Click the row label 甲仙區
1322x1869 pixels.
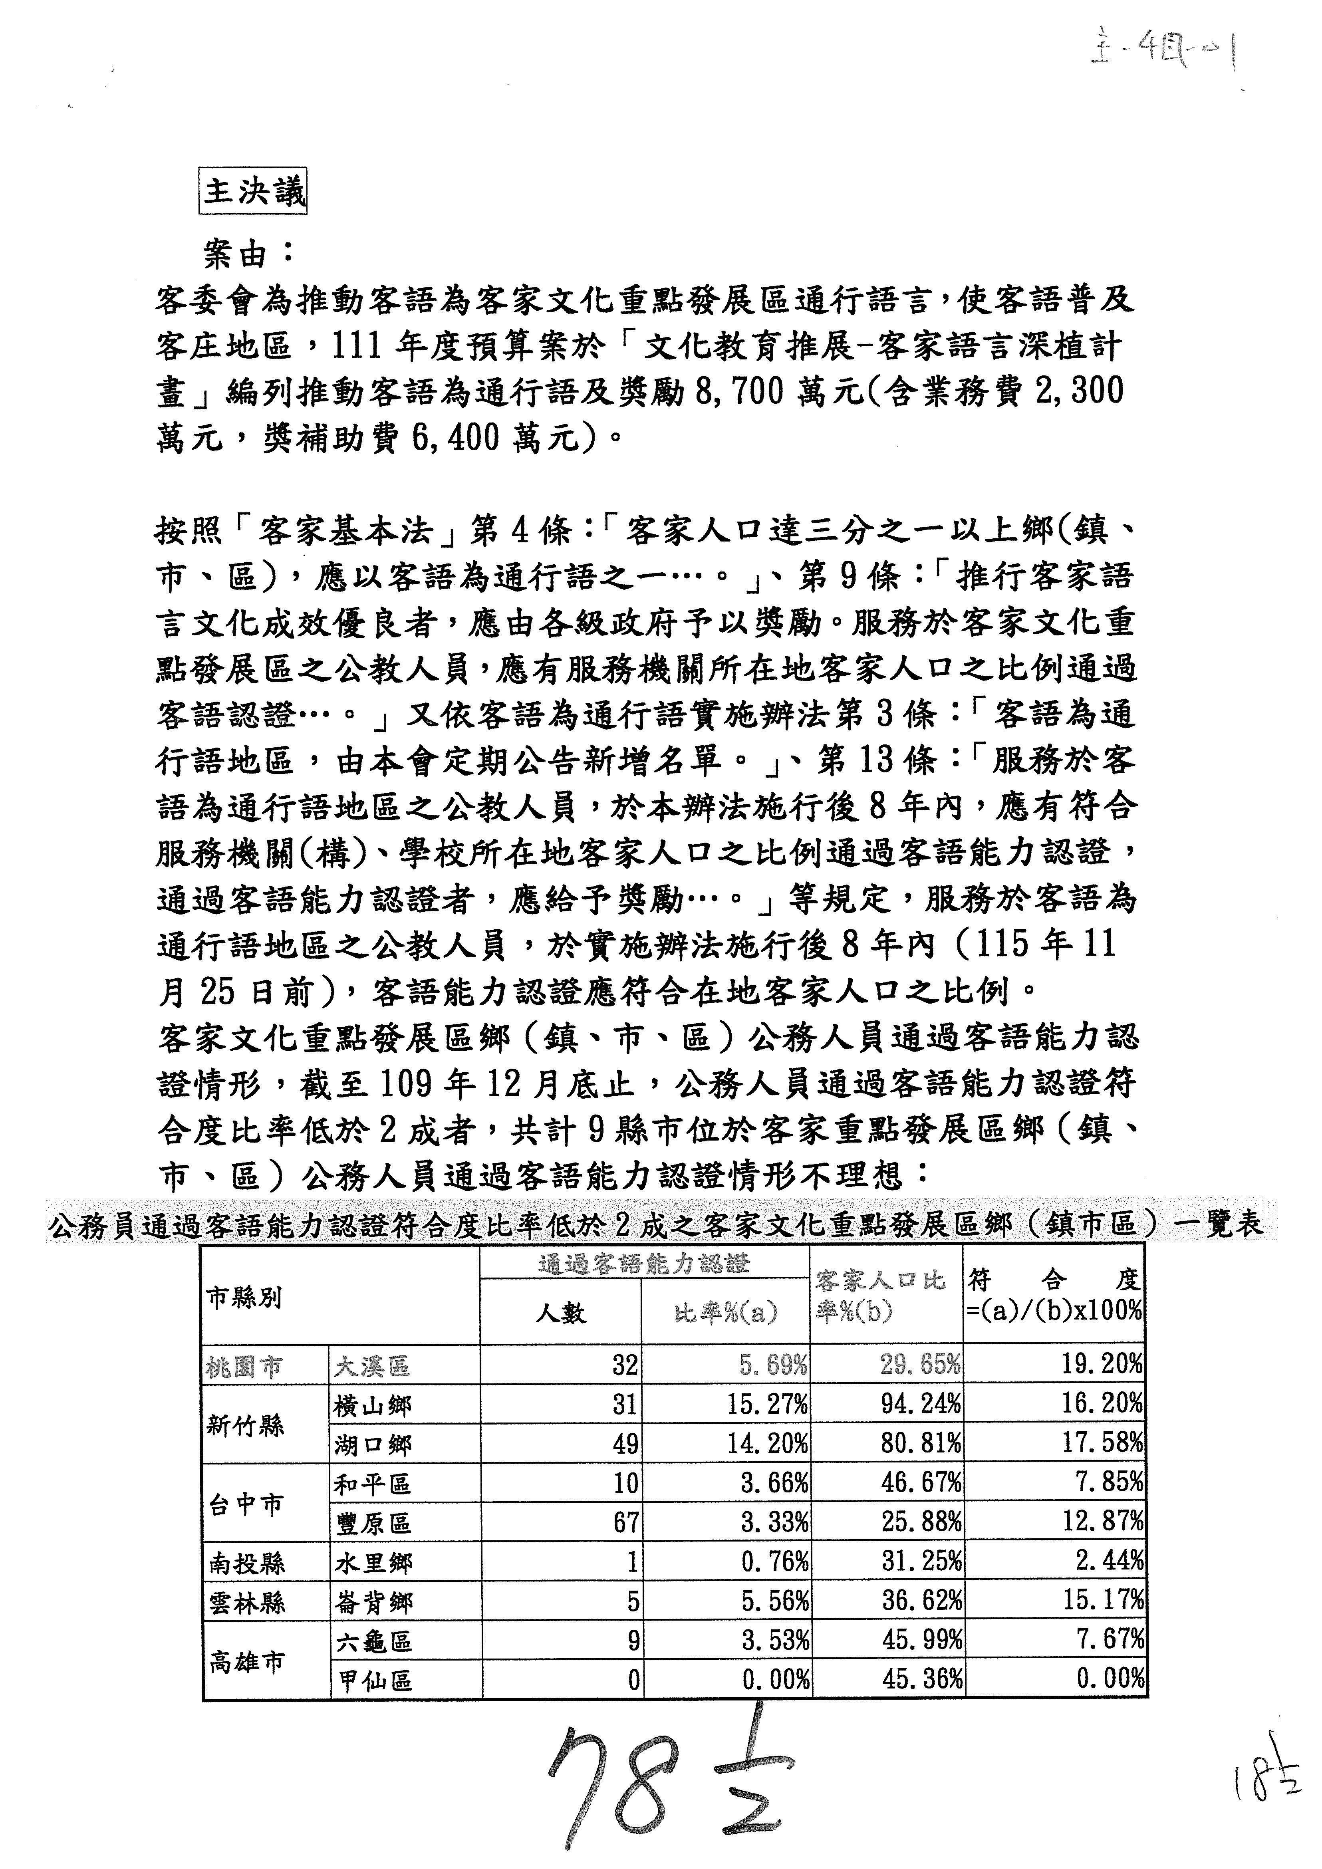pos(375,1680)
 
